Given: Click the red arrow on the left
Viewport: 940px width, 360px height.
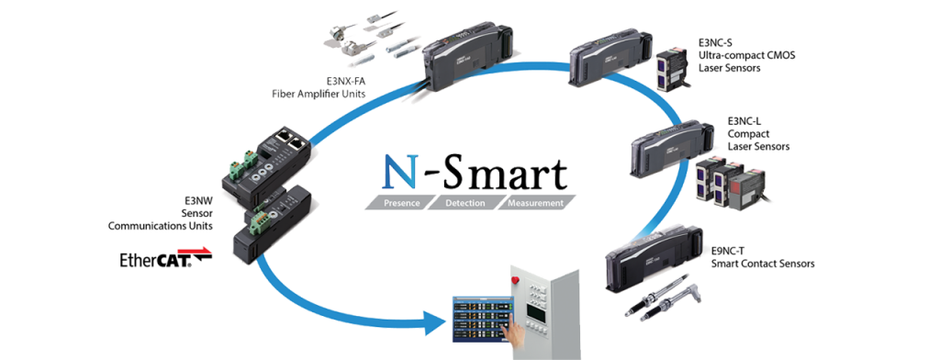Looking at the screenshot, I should click(x=194, y=249).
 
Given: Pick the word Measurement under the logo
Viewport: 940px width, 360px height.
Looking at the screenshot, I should click(x=530, y=201).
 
